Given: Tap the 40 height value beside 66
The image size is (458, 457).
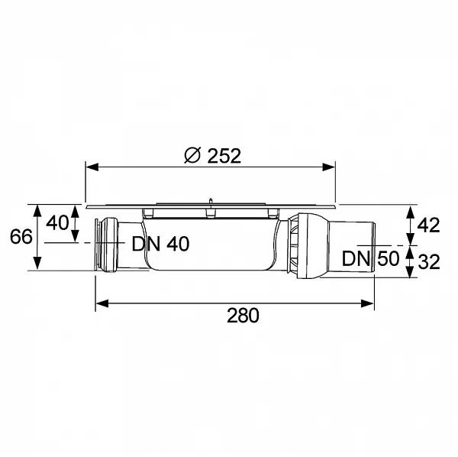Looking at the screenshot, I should click(x=57, y=224).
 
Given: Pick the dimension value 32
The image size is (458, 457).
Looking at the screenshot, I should click(x=429, y=262).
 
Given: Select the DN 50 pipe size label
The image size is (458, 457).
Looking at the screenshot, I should click(x=370, y=258).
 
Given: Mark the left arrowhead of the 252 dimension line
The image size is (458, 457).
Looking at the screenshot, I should click(x=89, y=166).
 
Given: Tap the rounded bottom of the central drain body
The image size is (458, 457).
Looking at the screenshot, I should click(x=214, y=270).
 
